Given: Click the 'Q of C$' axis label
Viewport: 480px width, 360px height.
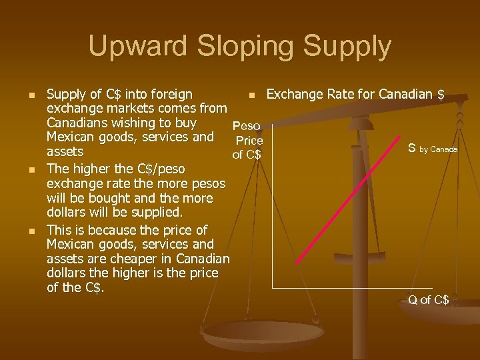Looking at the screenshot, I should pyautogui.click(x=429, y=300).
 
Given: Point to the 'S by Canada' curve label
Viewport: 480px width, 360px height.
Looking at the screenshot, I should pyautogui.click(x=433, y=149).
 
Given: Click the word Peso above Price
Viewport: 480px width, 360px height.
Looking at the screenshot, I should pyautogui.click(x=246, y=126).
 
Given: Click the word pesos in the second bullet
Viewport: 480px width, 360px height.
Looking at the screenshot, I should pyautogui.click(x=208, y=183).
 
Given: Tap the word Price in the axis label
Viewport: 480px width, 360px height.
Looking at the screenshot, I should pyautogui.click(x=249, y=141).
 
